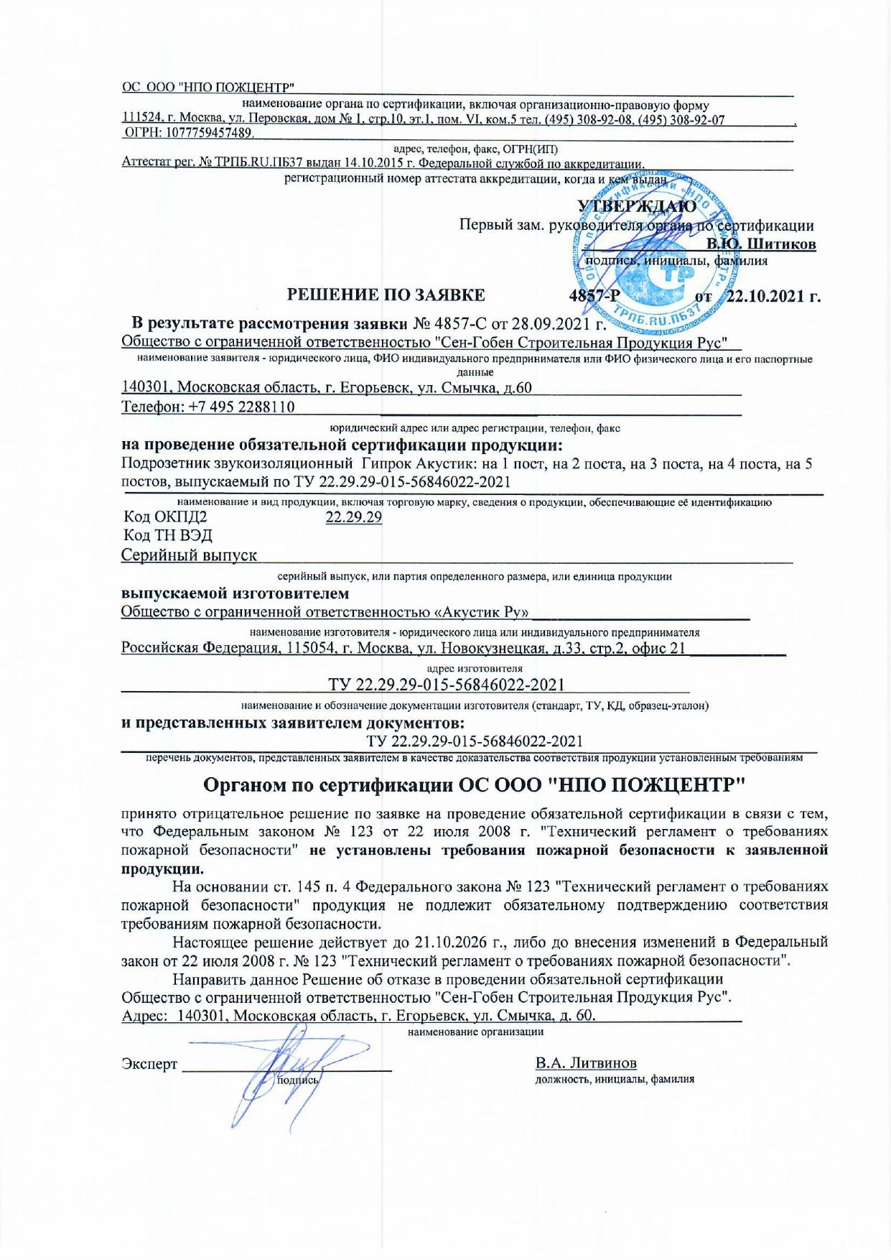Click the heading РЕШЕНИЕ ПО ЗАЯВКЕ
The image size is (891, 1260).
click(386, 295)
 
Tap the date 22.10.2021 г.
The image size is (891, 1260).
click(774, 295)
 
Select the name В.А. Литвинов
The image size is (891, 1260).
click(586, 1062)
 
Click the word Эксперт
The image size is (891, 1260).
click(149, 1064)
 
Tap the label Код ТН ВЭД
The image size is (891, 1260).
click(168, 536)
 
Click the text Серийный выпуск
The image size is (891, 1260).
click(189, 555)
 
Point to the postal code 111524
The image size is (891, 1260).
click(139, 118)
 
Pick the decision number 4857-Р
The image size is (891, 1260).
click(594, 295)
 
